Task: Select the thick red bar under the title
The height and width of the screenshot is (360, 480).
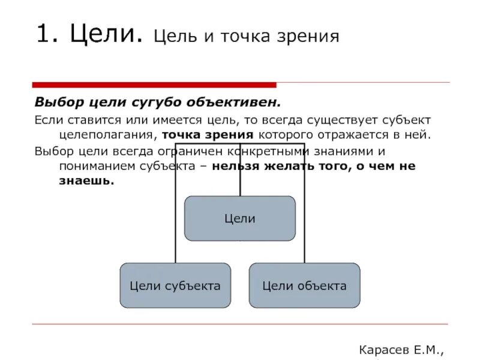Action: point(154,85)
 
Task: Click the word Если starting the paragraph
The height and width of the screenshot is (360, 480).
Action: point(46,121)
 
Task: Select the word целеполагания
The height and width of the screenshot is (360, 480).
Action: point(108,136)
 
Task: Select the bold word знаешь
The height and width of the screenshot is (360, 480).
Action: point(86,181)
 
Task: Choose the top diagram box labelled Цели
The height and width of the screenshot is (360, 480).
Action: point(239,218)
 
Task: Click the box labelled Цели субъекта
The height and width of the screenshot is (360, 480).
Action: point(175,286)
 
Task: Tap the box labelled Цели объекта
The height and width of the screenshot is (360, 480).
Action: point(304,286)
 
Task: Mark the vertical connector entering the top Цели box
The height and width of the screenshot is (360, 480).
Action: point(240,180)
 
